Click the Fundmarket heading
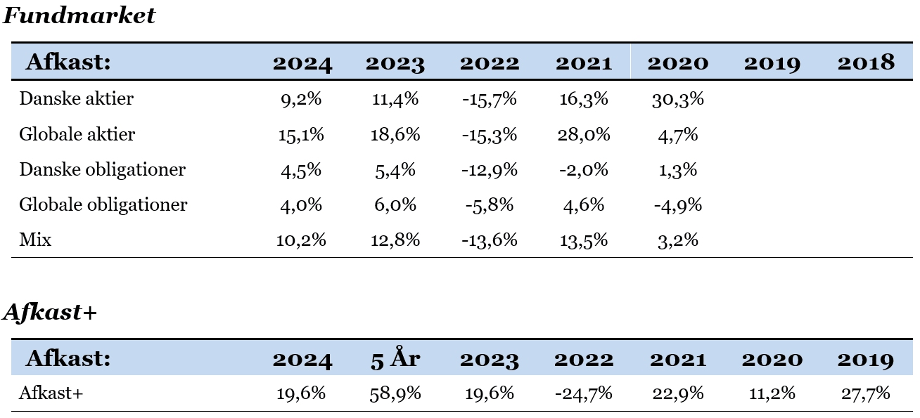point(79,16)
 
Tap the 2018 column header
point(866,63)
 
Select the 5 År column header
point(395,358)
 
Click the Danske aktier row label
point(77,99)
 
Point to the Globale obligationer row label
point(103,204)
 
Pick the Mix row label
point(35,240)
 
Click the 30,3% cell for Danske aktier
point(677,99)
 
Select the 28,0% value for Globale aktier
point(584,135)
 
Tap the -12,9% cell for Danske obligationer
point(489,170)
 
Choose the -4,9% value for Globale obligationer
point(677,205)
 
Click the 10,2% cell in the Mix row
point(301,240)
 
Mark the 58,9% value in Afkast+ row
point(395,393)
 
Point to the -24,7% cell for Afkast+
point(584,393)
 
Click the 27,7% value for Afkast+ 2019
point(866,393)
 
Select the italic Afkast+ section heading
point(50,312)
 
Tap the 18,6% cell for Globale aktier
point(395,135)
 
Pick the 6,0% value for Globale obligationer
point(395,205)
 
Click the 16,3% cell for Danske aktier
point(584,99)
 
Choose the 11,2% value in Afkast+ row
point(772,393)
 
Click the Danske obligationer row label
point(102,169)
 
